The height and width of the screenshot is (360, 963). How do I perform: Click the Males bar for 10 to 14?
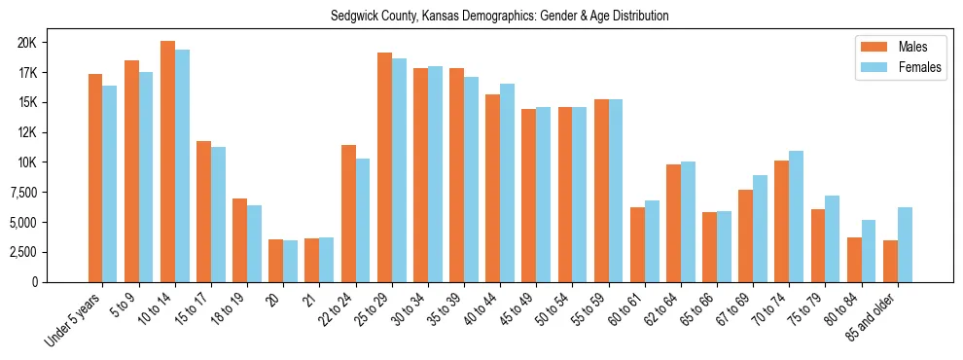click(x=167, y=162)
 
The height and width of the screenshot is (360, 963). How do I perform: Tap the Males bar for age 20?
click(x=275, y=261)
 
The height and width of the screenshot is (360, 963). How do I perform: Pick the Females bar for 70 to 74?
click(x=797, y=216)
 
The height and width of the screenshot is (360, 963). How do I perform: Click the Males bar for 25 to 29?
click(x=384, y=167)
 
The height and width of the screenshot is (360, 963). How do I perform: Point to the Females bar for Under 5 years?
click(x=110, y=184)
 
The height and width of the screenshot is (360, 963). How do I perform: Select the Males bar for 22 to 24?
click(x=348, y=213)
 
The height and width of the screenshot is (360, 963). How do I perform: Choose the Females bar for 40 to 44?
click(x=507, y=183)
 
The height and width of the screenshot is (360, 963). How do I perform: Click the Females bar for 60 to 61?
click(x=652, y=241)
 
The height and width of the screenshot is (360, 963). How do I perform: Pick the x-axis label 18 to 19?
click(x=233, y=303)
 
